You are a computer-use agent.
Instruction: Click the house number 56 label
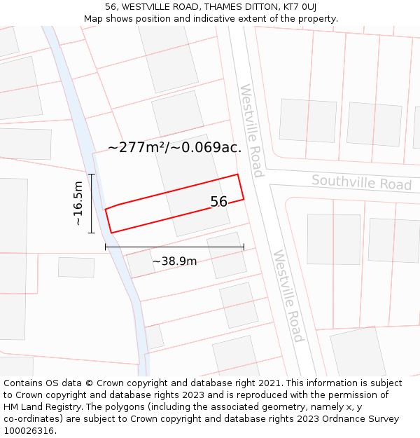(x=219, y=202)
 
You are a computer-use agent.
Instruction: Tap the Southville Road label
(x=361, y=183)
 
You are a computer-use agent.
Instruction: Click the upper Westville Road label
(x=251, y=130)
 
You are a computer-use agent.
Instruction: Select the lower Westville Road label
(x=288, y=296)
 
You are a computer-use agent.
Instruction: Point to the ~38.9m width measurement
(x=174, y=261)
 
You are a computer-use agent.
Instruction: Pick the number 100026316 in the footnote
(x=29, y=430)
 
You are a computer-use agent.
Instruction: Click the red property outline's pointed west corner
(x=106, y=210)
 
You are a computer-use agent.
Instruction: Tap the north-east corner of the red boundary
(x=238, y=174)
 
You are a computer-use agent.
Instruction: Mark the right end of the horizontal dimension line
(x=244, y=247)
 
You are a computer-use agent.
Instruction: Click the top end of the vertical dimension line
(x=92, y=174)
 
